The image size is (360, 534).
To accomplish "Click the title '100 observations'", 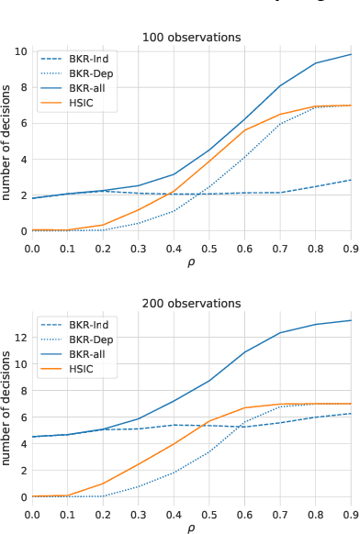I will click(192, 38).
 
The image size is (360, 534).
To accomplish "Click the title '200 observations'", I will click(192, 304).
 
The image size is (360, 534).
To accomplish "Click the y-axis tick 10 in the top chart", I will click(20, 50).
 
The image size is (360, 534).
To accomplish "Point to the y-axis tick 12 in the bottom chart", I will click(20, 338).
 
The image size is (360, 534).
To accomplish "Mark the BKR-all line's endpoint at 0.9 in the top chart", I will click(351, 54).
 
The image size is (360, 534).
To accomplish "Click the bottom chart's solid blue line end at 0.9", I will click(351, 320).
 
